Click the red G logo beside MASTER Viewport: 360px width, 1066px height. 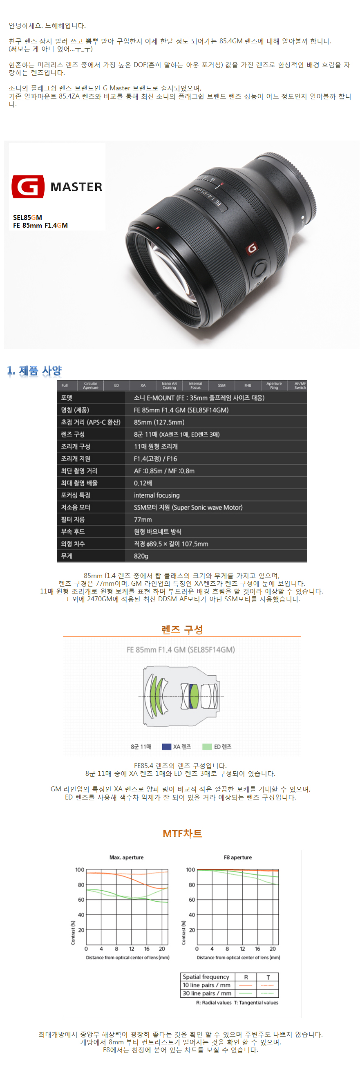(28, 187)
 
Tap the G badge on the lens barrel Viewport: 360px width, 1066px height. (252, 248)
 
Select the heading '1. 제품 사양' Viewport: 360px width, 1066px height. (34, 370)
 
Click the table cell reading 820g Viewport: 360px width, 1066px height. (141, 556)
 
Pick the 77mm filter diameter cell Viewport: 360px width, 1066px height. (143, 520)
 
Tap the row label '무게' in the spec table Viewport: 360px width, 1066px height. (67, 556)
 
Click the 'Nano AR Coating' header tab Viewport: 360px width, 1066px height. (169, 386)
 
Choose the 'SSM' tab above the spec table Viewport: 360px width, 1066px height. (222, 386)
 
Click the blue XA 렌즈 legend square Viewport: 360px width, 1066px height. (166, 746)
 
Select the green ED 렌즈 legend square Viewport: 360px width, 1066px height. (207, 746)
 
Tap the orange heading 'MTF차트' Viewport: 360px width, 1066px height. (182, 833)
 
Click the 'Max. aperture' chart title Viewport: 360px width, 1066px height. (127, 857)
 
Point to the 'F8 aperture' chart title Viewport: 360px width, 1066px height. (238, 857)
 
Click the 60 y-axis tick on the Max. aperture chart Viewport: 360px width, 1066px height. (81, 899)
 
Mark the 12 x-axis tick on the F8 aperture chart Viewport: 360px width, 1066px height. (242, 948)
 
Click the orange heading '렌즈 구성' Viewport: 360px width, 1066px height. (182, 629)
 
